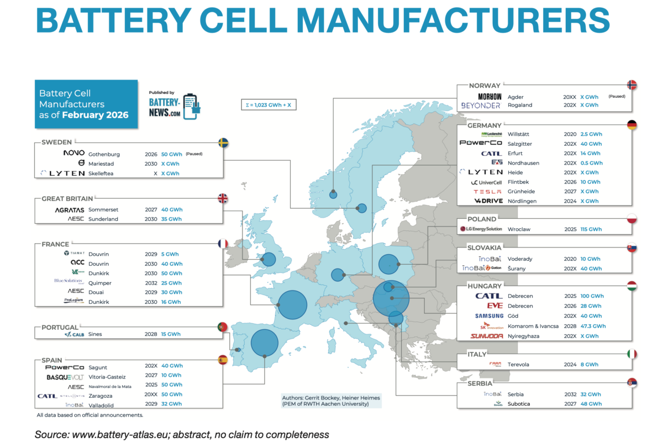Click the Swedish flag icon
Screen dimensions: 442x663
(224, 143)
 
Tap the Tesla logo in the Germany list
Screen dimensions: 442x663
(488, 191)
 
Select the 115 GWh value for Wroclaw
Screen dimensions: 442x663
(591, 229)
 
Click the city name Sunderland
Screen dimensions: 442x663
(103, 219)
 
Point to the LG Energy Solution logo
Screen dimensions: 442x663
(481, 229)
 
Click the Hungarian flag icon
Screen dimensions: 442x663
(632, 286)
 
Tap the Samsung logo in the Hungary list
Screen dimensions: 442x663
(489, 316)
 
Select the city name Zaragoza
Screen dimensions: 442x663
(104, 396)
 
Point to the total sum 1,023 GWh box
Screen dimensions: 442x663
(268, 104)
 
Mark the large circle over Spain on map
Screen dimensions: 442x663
(265, 343)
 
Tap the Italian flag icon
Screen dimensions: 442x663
(632, 354)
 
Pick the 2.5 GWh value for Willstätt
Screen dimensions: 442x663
(591, 134)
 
